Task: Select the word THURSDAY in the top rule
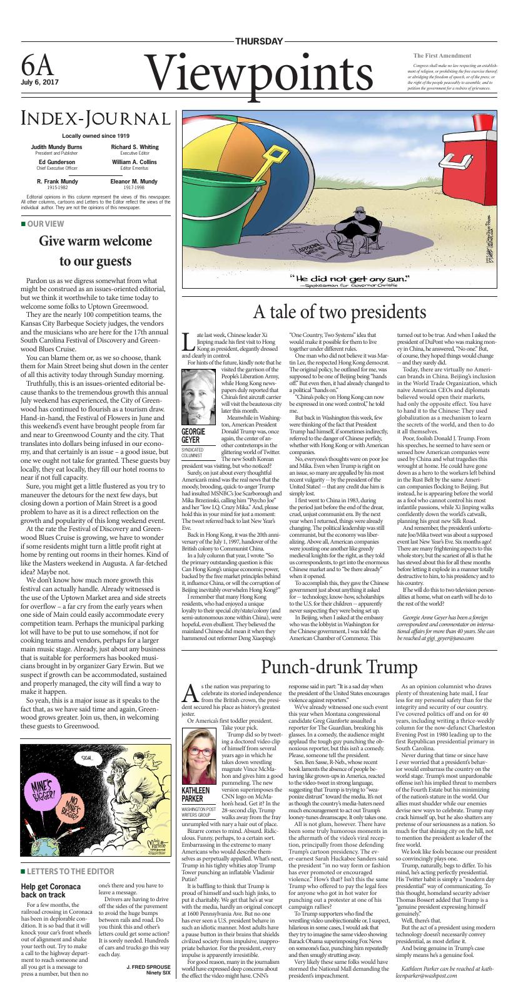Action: (258, 41)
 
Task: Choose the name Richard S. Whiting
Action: (134, 147)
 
